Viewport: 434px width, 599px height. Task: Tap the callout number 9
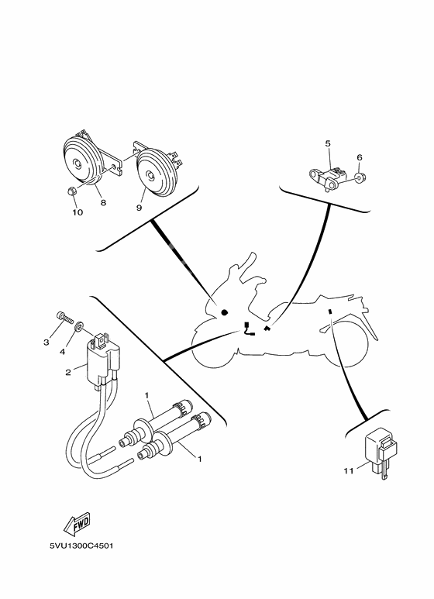(139, 207)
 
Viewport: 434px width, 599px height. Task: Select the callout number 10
(77, 212)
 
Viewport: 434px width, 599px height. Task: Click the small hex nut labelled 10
(70, 190)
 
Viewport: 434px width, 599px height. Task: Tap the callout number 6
(360, 157)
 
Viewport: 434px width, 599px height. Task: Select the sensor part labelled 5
(329, 175)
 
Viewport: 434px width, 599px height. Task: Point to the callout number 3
(46, 342)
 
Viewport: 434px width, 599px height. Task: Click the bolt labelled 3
(64, 318)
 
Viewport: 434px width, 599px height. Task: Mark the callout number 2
(68, 373)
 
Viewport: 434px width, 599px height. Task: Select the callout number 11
(350, 470)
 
